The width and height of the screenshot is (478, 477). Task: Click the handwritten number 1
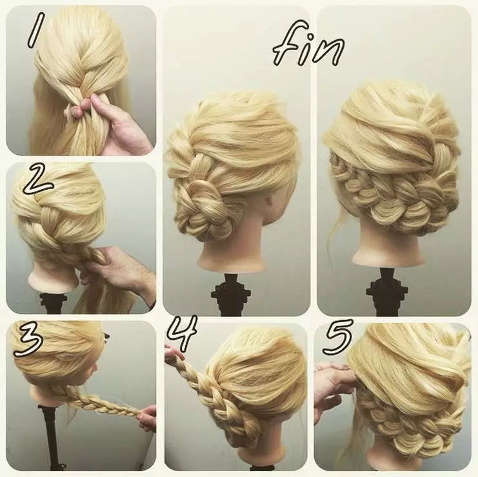click(35, 30)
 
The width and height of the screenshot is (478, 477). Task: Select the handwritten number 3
click(28, 341)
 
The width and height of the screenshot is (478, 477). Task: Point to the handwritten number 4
click(183, 333)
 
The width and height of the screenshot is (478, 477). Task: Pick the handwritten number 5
click(338, 337)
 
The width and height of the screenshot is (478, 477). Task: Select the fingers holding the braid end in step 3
click(147, 418)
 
